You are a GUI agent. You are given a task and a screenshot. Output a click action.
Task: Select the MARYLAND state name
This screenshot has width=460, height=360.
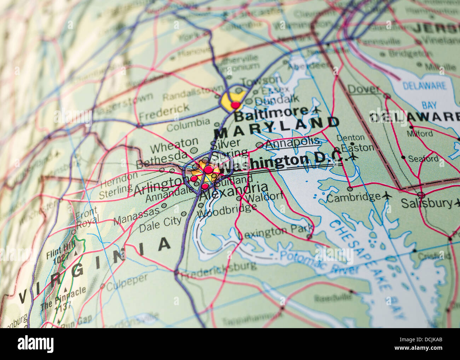(x=277, y=128)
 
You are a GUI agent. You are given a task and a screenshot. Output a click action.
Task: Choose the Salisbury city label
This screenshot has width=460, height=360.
(x=426, y=203)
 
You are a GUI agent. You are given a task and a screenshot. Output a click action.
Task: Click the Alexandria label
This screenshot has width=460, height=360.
(x=234, y=191)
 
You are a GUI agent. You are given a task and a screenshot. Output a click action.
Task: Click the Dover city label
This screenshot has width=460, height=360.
(x=363, y=90)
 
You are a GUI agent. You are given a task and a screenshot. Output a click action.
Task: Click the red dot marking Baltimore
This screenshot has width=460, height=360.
(x=235, y=105)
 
